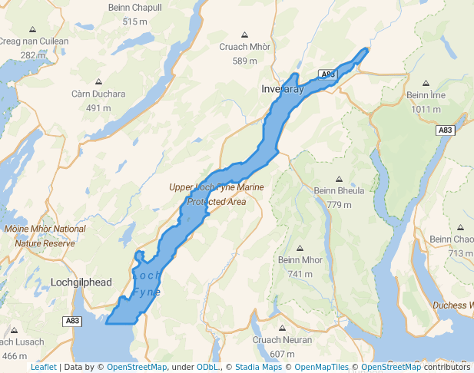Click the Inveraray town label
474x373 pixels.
pos(283,90)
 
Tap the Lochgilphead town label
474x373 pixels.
pos(81,282)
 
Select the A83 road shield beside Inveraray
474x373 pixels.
pos(327,74)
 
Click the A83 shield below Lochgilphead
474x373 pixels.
pos(72,321)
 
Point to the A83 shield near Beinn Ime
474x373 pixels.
pos(446,130)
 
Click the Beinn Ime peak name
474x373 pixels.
pos(426,95)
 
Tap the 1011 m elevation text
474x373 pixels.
pos(426,108)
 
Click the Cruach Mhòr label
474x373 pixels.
pos(244,48)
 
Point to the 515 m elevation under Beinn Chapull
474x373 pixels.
pos(134,21)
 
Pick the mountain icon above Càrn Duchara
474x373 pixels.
pos(98,81)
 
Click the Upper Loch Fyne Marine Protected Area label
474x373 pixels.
pos(217,194)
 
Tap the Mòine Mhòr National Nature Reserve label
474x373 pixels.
pos(45,236)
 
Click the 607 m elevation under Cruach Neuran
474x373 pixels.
pos(282,354)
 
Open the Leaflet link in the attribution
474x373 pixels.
pos(43,367)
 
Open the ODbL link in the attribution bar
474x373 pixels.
pos(207,367)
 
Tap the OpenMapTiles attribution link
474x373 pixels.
pos(321,367)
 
